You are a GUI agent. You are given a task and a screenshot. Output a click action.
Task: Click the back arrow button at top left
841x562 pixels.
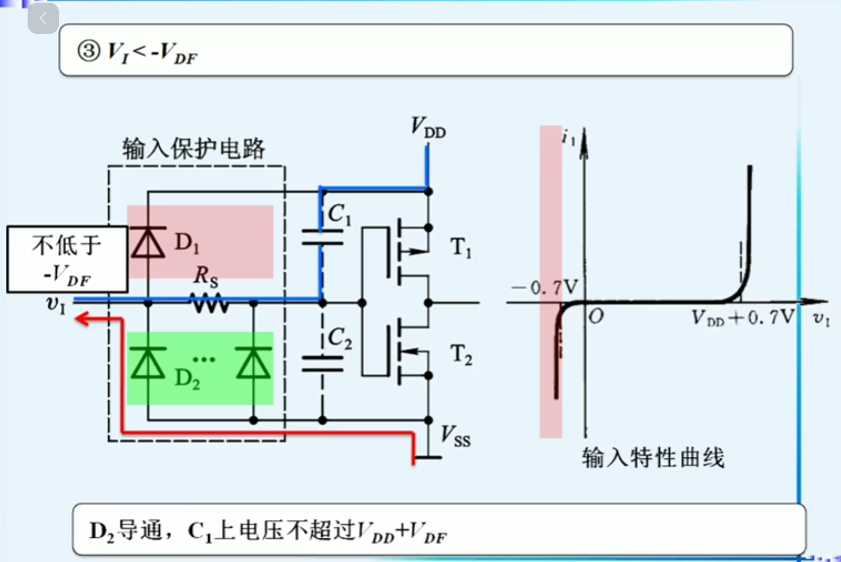point(43,19)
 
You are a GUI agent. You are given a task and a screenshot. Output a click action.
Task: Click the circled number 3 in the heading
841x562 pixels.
point(88,51)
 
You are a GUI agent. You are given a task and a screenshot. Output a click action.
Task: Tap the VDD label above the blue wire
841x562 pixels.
point(428,128)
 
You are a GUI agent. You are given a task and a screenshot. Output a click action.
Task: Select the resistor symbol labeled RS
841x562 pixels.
point(209,302)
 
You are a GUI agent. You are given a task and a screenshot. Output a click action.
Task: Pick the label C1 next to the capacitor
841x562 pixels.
point(339,214)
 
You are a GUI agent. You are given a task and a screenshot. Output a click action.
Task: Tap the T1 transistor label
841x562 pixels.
point(461,247)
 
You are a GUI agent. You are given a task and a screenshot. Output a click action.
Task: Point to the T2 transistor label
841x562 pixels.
point(461,355)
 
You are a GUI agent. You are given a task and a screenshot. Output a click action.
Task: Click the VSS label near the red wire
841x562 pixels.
point(455,436)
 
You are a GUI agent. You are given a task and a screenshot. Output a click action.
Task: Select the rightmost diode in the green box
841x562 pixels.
point(253,363)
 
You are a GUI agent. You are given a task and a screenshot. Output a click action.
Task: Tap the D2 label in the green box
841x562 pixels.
point(187,379)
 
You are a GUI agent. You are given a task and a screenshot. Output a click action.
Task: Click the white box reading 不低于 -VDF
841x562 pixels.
point(67,259)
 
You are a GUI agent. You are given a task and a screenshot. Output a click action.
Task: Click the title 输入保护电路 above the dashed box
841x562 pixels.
point(194,149)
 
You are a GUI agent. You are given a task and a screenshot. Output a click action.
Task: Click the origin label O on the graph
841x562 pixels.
point(596,316)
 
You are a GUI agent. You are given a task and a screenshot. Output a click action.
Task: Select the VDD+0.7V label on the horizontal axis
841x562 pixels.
point(743,317)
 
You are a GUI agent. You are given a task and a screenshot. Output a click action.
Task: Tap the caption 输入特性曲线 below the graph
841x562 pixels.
point(653,458)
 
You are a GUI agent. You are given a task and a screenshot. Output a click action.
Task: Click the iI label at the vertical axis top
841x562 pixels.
point(569,138)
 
